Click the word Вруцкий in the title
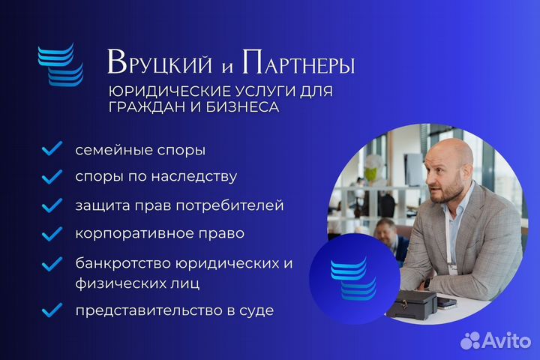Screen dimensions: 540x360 [160, 62]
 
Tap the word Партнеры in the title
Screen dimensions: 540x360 [298, 62]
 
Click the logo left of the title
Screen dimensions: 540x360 [61, 64]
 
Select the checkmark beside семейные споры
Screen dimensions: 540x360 [52, 148]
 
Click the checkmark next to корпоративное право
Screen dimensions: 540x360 [52, 233]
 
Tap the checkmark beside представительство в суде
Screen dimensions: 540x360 [52, 310]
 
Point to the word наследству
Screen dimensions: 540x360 [194, 177]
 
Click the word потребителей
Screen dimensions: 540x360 [229, 205]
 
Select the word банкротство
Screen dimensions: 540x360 [123, 263]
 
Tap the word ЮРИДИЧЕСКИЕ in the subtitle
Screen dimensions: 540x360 [169, 91]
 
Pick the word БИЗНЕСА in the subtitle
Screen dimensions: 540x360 [242, 106]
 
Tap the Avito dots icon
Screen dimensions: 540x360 [471, 340]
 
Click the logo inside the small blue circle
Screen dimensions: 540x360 [354, 278]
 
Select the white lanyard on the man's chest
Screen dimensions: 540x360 [449, 241]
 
